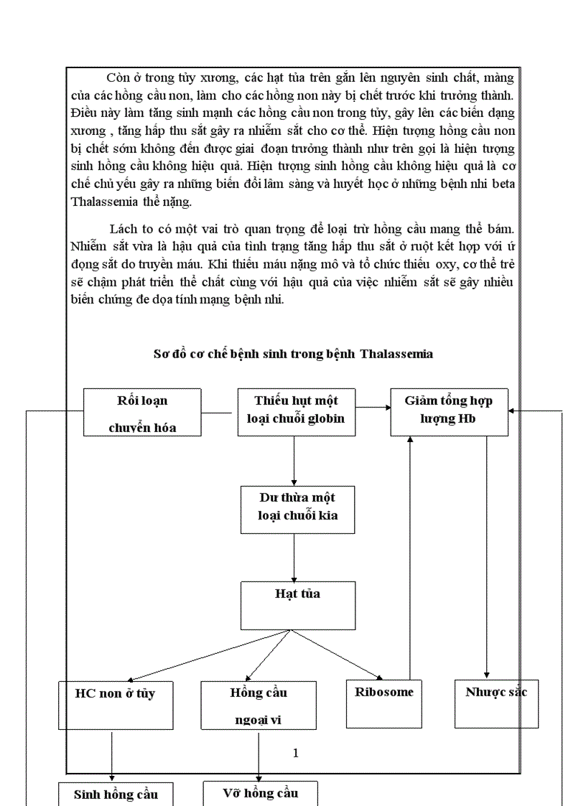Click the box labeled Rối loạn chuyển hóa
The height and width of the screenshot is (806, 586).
[142, 412]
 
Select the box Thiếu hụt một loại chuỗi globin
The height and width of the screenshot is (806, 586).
[296, 412]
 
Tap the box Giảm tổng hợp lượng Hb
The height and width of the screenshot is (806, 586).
[448, 412]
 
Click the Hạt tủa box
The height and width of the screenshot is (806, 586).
[297, 604]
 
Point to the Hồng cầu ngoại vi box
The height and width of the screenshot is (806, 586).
[259, 704]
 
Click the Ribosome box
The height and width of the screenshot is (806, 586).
[383, 703]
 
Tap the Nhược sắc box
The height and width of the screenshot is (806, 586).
[496, 703]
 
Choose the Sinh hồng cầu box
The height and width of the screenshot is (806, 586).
[115, 793]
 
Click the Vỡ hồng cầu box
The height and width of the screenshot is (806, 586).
[260, 792]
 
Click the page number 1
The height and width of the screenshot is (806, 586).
[295, 753]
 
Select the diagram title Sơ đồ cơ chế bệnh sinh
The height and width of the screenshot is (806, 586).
[293, 354]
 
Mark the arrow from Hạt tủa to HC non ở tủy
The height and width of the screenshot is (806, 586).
[208, 656]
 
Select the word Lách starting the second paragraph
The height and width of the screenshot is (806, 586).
[124, 229]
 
